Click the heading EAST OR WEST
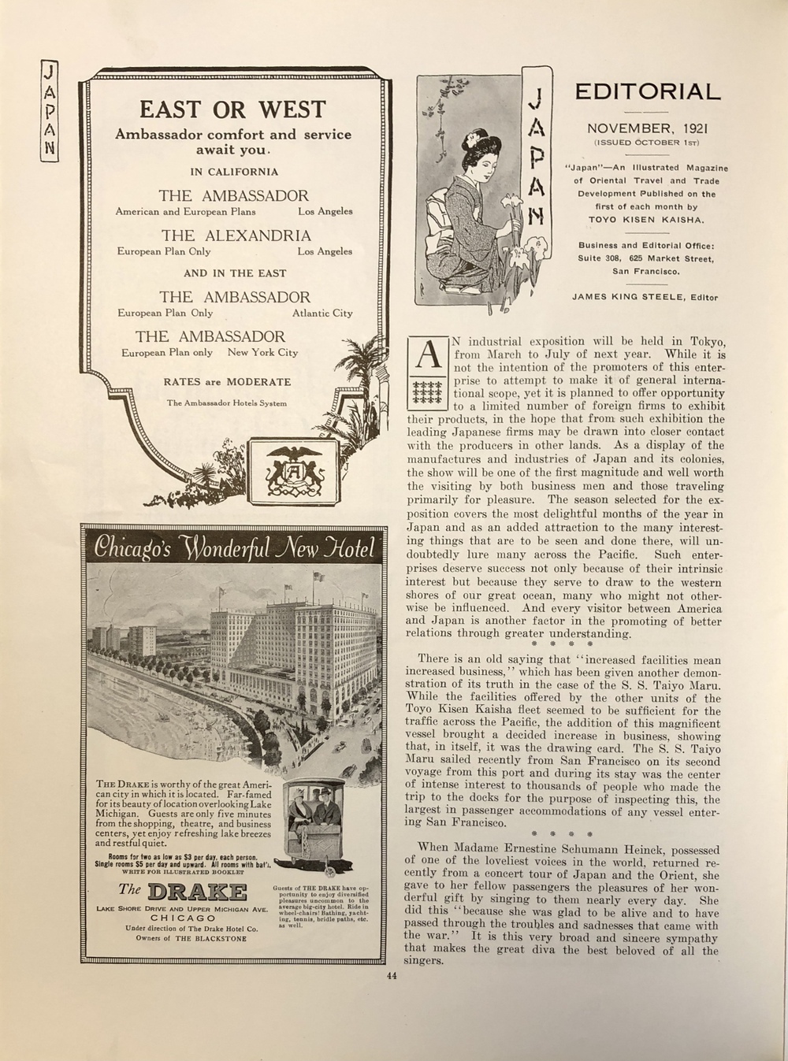[232, 109]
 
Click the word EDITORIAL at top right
[647, 92]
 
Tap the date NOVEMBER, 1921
[647, 128]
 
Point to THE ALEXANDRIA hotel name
[236, 236]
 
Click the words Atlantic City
[322, 313]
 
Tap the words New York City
[263, 353]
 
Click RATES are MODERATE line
[227, 382]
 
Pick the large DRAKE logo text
[196, 892]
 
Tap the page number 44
[392, 978]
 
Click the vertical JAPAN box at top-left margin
[50, 111]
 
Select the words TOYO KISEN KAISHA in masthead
[646, 220]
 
